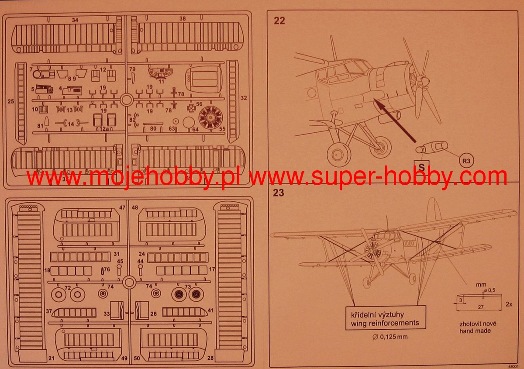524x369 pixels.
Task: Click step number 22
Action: (x=279, y=21)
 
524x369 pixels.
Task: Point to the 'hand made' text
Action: (x=475, y=331)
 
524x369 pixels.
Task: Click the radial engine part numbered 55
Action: (x=211, y=117)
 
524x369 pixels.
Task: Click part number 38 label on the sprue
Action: (x=182, y=19)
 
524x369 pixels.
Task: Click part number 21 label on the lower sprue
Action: (x=52, y=358)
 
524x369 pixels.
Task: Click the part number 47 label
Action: (x=123, y=208)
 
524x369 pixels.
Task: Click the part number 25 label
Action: (x=11, y=101)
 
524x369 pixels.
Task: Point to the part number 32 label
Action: (x=244, y=98)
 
